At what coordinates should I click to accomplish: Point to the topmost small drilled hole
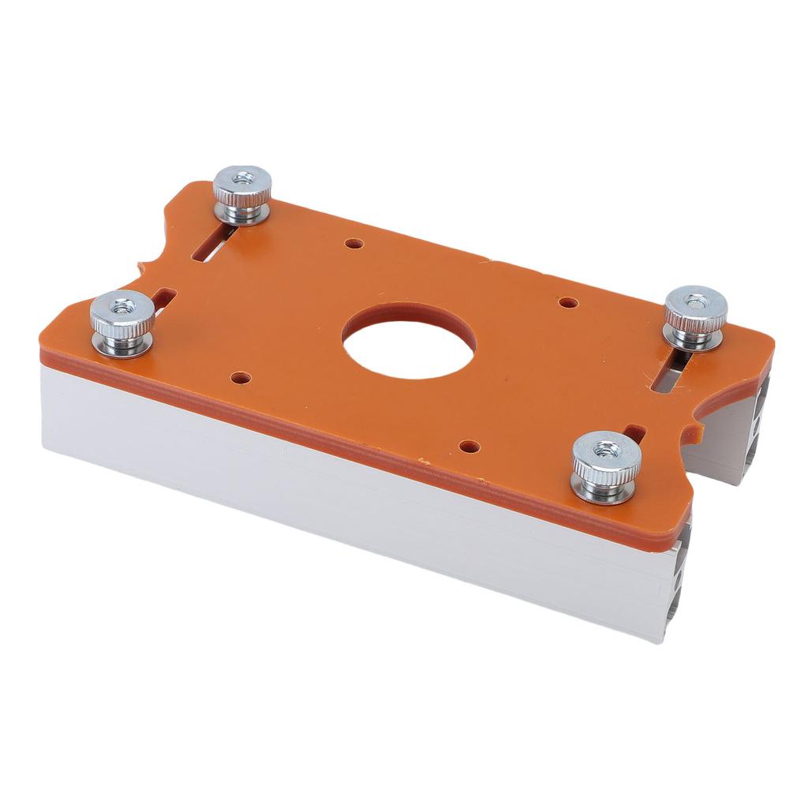354,245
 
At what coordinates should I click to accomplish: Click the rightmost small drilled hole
567,302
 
